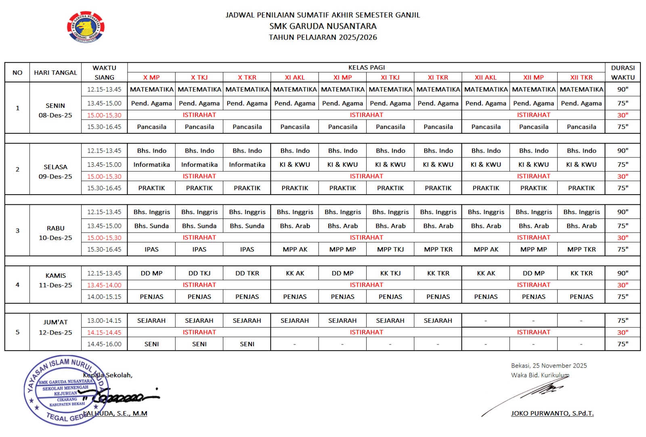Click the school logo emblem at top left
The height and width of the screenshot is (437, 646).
tap(86, 27)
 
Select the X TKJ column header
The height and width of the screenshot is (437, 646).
tap(199, 78)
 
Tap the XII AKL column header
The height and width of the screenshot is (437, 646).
tap(486, 78)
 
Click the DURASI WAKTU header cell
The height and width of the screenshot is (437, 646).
tap(623, 73)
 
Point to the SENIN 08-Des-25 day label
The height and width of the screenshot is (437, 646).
tap(55, 110)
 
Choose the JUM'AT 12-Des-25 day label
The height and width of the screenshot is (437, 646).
tap(55, 327)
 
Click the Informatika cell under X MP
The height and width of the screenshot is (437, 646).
tap(151, 165)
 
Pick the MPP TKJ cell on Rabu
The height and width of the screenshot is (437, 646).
tap(390, 250)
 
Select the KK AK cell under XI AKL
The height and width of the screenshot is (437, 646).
tap(295, 273)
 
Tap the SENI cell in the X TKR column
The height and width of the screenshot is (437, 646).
tap(247, 344)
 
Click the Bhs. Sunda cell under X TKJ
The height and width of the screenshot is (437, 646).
tap(199, 226)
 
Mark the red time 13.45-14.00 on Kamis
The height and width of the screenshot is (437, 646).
tap(104, 285)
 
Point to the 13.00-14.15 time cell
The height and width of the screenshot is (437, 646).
tap(104, 321)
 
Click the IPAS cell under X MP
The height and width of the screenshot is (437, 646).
tap(151, 250)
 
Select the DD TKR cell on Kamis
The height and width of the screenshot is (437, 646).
tap(247, 273)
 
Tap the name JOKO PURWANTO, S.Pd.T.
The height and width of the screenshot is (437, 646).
tap(552, 414)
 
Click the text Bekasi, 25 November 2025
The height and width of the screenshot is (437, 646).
tap(549, 366)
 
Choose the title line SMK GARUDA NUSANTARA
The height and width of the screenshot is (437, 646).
tap(323, 26)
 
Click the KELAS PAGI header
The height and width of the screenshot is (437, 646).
tap(366, 67)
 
